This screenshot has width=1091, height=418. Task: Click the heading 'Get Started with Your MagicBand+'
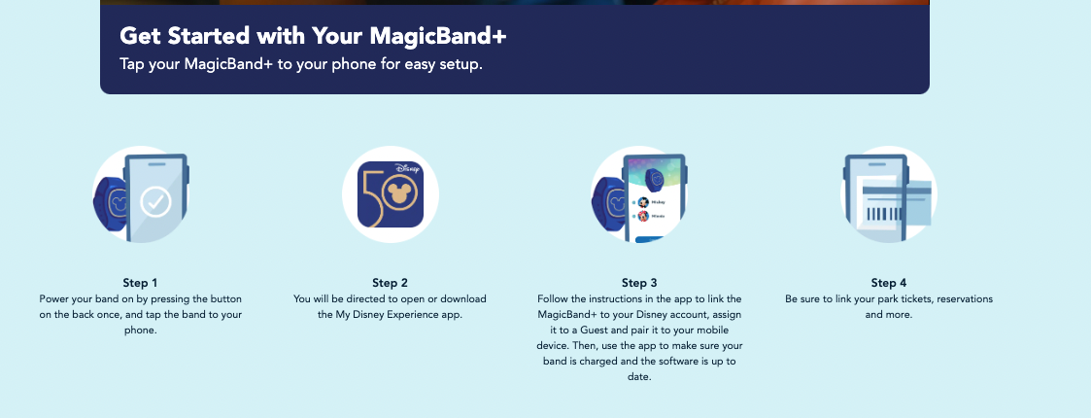[x=313, y=36]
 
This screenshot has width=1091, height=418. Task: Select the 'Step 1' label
[x=141, y=283]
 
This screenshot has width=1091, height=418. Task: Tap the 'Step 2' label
[x=390, y=283]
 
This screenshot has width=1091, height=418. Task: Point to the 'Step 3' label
[x=639, y=283]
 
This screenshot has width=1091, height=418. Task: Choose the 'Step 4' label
[x=889, y=283]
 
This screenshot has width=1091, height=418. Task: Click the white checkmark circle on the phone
[x=155, y=202]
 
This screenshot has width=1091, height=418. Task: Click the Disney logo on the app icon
[x=408, y=168]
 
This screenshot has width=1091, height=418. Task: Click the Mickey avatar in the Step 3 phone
[x=643, y=202]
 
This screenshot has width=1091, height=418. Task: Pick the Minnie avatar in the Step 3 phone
[x=643, y=216]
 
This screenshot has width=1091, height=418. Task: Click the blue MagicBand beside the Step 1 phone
[x=110, y=201]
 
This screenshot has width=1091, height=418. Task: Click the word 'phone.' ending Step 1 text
[x=141, y=330]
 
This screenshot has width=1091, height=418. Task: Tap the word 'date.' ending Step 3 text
[x=639, y=377]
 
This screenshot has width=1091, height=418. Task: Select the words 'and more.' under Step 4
[x=889, y=314]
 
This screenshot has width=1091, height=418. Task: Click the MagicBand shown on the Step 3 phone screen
[x=654, y=178]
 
